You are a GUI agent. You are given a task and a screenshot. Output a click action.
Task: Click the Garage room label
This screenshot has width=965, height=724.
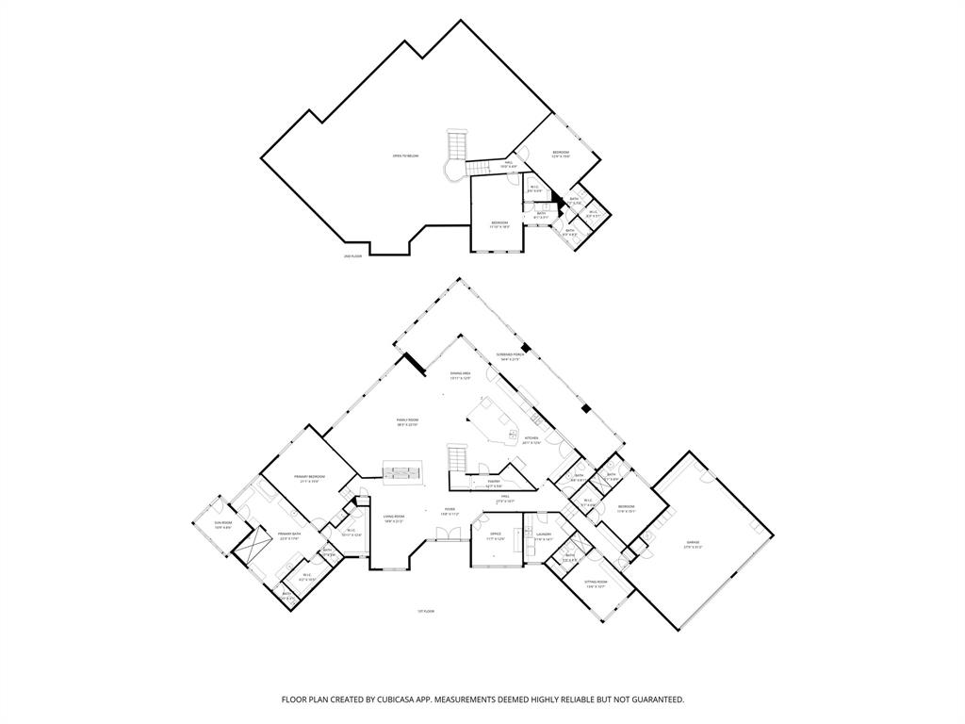coord(693,544)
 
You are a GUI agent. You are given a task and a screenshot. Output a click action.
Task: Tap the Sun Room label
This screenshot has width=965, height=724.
coord(222,524)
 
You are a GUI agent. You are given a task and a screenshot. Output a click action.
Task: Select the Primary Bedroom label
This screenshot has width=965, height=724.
coord(309,478)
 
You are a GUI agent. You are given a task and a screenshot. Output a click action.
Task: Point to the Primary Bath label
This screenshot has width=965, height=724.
coord(289,535)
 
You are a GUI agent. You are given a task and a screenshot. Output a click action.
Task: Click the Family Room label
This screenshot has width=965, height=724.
coord(407,421)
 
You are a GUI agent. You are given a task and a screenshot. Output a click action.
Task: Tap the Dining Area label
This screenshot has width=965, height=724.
coord(460,374)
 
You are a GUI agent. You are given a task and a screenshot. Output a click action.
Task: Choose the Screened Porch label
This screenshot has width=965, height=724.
coord(511,356)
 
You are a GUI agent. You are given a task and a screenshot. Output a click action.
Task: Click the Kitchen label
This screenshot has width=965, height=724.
coord(531,439)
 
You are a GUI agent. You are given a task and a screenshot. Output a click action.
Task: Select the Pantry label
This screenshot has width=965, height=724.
coord(494,483)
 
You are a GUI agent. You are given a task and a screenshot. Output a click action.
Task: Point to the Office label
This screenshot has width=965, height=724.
coord(495,535)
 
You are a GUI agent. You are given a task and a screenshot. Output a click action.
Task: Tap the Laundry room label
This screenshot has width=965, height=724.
coord(544,535)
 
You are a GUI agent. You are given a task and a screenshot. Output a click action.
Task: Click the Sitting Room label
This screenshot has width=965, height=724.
coord(596,584)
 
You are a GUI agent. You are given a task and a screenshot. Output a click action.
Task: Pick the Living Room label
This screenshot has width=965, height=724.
coord(394,518)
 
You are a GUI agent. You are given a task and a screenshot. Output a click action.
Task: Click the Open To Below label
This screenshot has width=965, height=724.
coord(406,156)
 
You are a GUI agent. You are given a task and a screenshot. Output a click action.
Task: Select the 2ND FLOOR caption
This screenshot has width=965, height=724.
coord(352,256)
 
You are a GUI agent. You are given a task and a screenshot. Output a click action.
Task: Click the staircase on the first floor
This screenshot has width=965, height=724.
coord(457,461)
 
